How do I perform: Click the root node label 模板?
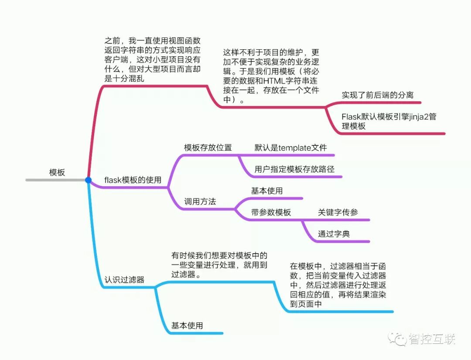57,172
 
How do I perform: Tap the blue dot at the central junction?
88,180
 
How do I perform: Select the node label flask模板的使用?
133,180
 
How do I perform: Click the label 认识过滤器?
124,280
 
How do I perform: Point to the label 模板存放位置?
208,147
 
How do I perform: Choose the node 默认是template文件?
290,147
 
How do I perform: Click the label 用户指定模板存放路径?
294,169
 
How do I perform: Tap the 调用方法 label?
200,202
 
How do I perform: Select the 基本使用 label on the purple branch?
266,191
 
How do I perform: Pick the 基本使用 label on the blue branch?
187,326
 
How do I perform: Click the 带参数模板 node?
271,213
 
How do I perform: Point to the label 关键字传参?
338,213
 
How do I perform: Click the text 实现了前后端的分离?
377,95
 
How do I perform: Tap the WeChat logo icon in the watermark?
398,339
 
